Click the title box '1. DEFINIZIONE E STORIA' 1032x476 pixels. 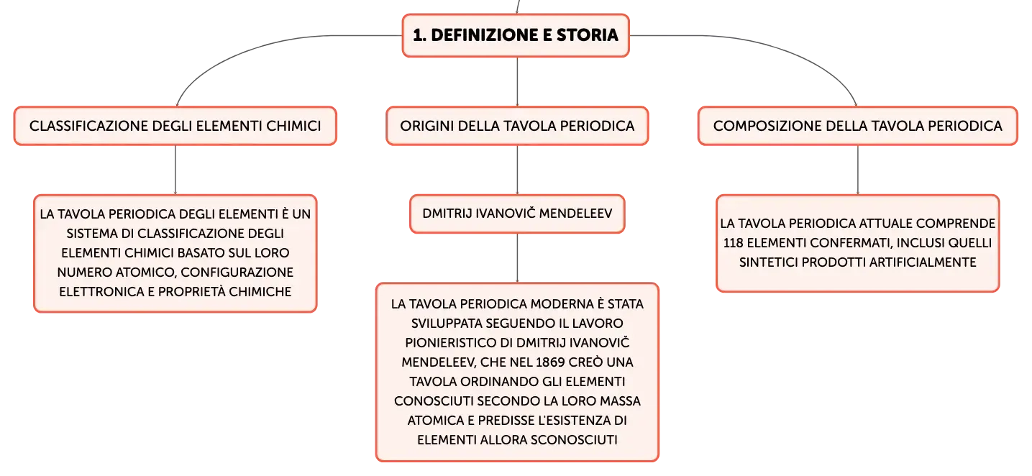516,35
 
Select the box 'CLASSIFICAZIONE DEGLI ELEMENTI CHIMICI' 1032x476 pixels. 175,126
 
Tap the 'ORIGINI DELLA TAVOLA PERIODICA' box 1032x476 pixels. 517,126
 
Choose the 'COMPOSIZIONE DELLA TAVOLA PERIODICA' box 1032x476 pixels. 857,126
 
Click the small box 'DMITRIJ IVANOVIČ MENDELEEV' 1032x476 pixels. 517,214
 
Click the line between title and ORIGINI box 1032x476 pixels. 517,81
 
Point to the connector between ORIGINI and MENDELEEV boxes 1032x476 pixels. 517,170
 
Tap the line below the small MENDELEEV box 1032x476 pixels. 517,258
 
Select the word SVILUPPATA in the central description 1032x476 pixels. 447,324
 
